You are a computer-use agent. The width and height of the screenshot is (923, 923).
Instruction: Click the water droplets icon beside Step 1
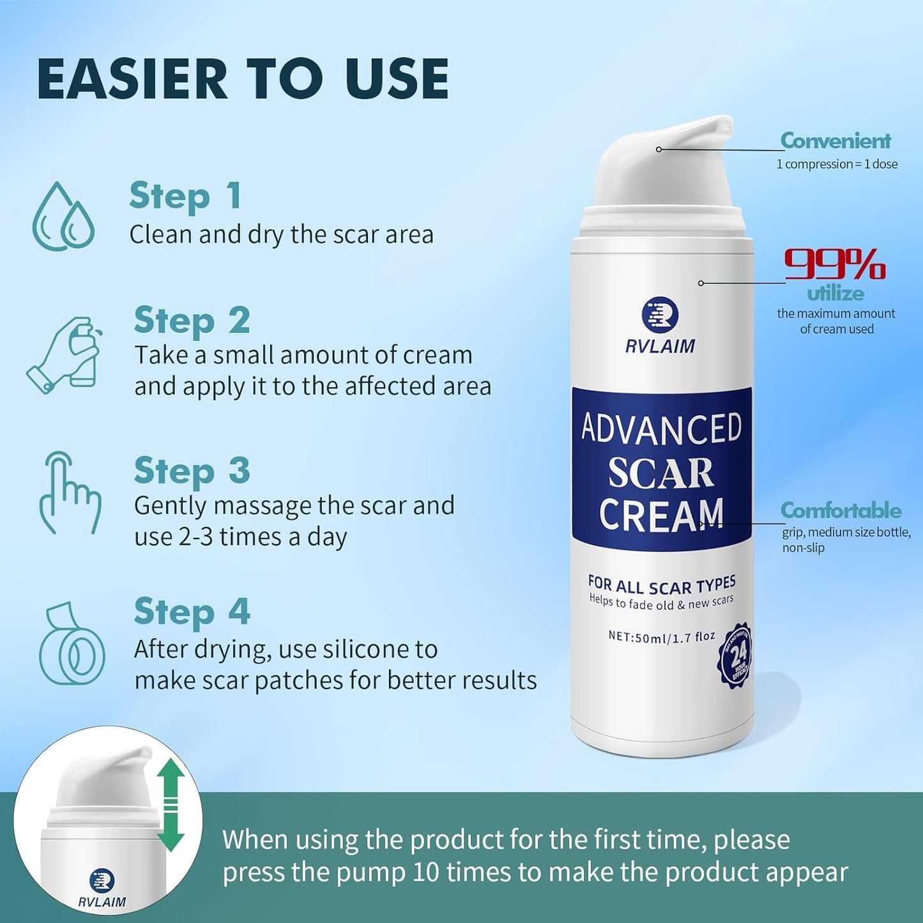63,217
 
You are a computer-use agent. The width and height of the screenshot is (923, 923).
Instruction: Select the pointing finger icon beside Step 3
69,492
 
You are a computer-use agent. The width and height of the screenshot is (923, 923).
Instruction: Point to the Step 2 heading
192,321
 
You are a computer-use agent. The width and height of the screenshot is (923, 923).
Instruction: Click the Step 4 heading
192,612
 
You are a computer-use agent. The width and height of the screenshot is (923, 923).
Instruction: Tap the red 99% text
834,264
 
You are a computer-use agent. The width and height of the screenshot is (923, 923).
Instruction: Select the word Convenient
835,141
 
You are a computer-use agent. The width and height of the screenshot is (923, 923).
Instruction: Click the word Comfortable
841,510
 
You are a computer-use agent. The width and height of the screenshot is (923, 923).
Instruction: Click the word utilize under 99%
835,293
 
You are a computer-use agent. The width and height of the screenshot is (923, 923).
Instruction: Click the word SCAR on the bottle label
660,473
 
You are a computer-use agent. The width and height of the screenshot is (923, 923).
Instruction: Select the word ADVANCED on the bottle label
661,429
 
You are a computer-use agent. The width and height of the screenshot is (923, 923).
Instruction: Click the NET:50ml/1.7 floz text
661,637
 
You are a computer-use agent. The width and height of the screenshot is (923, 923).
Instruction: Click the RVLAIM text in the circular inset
102,902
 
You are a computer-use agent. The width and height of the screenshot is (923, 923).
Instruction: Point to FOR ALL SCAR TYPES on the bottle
661,584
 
